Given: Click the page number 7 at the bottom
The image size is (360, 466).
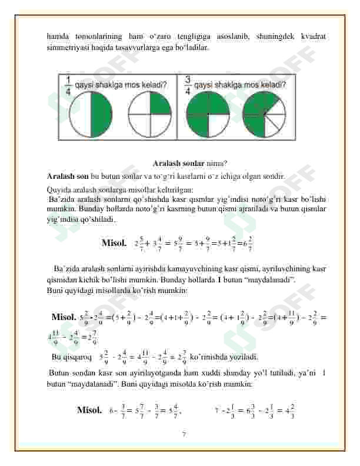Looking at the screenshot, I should pos(184,435).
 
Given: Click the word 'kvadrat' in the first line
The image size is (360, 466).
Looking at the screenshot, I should pos(309,36).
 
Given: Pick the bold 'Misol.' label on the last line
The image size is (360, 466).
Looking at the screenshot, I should pos(89,410).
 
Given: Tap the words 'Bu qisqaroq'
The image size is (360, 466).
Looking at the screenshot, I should pos(72,357).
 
